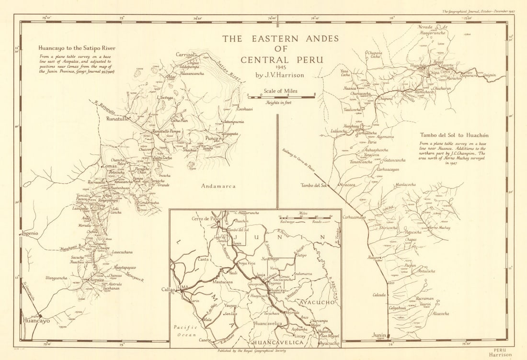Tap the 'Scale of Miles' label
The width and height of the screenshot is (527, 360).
point(280,91)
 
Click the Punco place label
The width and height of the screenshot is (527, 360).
point(211,139)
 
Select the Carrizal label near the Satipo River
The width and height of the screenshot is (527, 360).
point(186,55)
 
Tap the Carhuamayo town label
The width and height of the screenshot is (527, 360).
point(354,217)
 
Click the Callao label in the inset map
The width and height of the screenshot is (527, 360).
point(169,290)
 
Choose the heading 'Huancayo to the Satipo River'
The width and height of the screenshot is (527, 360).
point(77,48)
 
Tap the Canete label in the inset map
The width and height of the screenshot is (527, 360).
point(205,340)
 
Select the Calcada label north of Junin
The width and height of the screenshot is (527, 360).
point(378,295)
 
